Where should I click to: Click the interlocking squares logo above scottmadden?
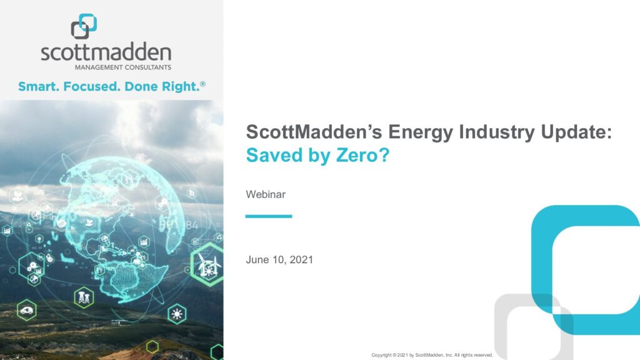[x=84, y=26]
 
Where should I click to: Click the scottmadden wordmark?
[x=106, y=52]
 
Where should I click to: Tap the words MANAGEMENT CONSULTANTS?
[x=123, y=67]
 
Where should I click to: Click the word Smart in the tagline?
[x=38, y=86]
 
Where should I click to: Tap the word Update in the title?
[x=574, y=132]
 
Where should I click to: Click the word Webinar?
[x=266, y=194]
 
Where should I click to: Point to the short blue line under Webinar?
[x=269, y=216]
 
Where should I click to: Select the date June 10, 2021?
[x=279, y=259]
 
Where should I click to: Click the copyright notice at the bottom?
[x=432, y=355]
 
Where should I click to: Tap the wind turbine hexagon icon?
[x=207, y=264]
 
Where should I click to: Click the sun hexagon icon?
[x=177, y=314]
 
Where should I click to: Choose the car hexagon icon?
[x=27, y=311]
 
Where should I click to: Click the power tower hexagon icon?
[x=84, y=297]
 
